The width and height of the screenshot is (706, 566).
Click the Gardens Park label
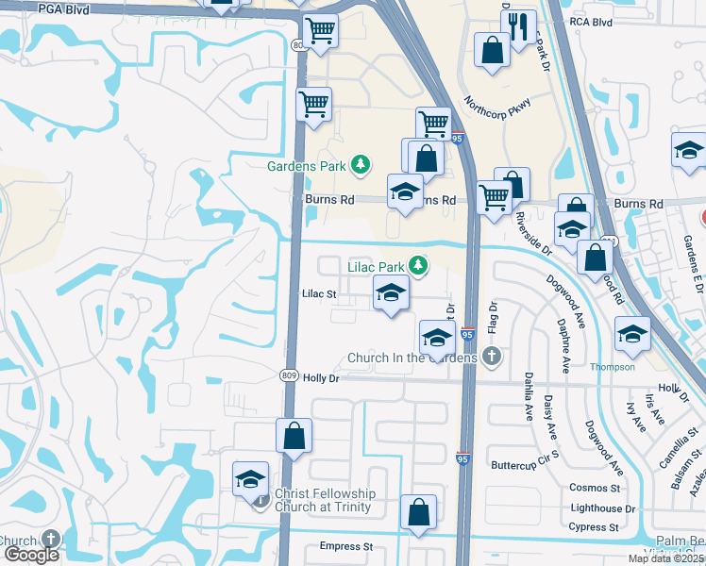(x=308, y=167)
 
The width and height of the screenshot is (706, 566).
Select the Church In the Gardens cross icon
(x=490, y=357)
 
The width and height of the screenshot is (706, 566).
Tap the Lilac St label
(x=319, y=294)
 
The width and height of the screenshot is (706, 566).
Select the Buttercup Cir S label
(x=525, y=466)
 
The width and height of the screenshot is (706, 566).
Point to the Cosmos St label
(x=594, y=488)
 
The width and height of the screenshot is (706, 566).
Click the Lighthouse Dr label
(x=603, y=508)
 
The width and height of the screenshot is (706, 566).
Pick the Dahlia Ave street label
(x=528, y=395)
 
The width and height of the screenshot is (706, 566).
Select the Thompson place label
(x=613, y=367)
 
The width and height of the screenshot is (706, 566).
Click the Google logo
(x=31, y=555)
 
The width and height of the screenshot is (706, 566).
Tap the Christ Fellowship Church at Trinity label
(x=325, y=500)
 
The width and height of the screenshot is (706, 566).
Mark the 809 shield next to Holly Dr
(x=289, y=376)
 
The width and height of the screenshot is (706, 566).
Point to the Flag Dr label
(x=492, y=319)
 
